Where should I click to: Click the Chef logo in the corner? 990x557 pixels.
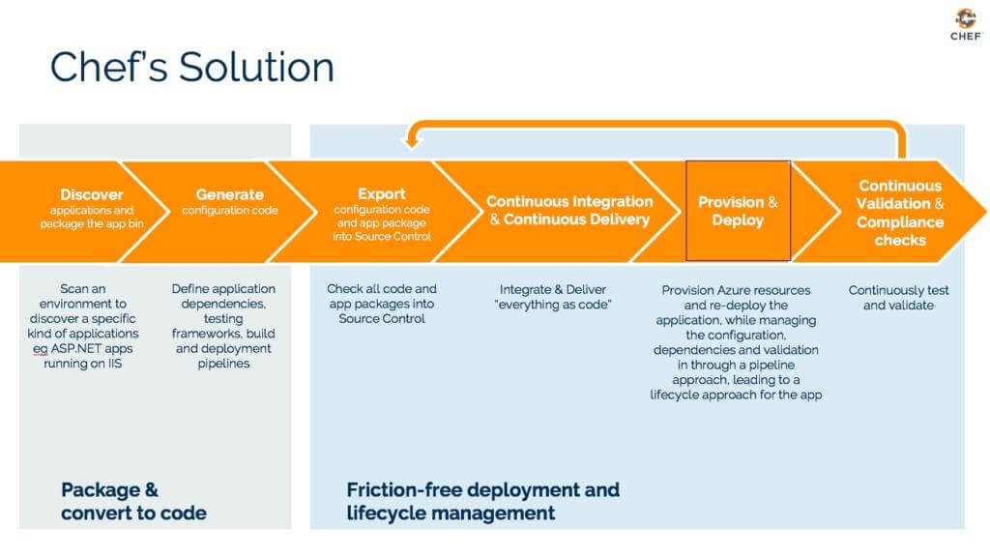(x=965, y=23)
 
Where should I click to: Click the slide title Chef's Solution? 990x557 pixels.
(x=191, y=67)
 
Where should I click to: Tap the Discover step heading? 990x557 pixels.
(x=92, y=194)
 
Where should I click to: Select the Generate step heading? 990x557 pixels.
(x=230, y=194)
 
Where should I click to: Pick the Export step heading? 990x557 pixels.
(x=382, y=193)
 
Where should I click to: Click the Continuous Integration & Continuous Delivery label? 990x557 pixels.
(x=569, y=210)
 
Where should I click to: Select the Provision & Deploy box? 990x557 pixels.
(x=738, y=211)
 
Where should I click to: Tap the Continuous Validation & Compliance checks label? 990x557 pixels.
(x=899, y=212)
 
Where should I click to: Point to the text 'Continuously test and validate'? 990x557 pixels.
(x=898, y=297)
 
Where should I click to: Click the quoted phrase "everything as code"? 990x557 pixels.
(x=560, y=306)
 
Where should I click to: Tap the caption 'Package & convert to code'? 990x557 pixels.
(x=133, y=501)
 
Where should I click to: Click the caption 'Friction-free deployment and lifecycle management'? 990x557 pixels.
(x=482, y=501)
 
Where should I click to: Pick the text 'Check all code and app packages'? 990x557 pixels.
(x=382, y=296)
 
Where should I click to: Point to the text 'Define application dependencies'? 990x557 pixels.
(x=223, y=296)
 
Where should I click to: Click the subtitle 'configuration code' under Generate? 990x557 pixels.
(x=230, y=211)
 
